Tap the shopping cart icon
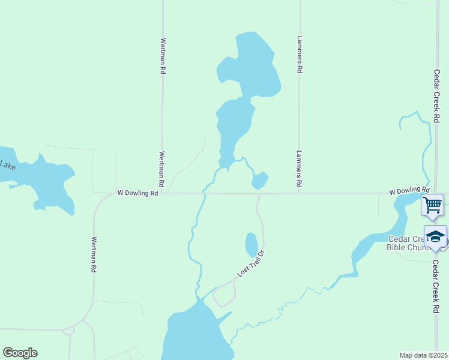click(432, 205)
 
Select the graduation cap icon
click(436, 236)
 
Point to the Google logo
click(20, 353)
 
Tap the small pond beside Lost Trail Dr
click(252, 244)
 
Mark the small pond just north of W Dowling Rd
click(260, 180)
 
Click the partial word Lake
click(7, 164)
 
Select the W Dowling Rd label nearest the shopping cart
click(409, 191)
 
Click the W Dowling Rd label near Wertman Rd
click(137, 193)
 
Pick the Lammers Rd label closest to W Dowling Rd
click(298, 167)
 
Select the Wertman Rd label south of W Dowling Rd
click(94, 255)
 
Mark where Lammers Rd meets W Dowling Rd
click(299, 193)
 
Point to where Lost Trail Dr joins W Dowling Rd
click(259, 194)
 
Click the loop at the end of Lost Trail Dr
click(224, 295)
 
